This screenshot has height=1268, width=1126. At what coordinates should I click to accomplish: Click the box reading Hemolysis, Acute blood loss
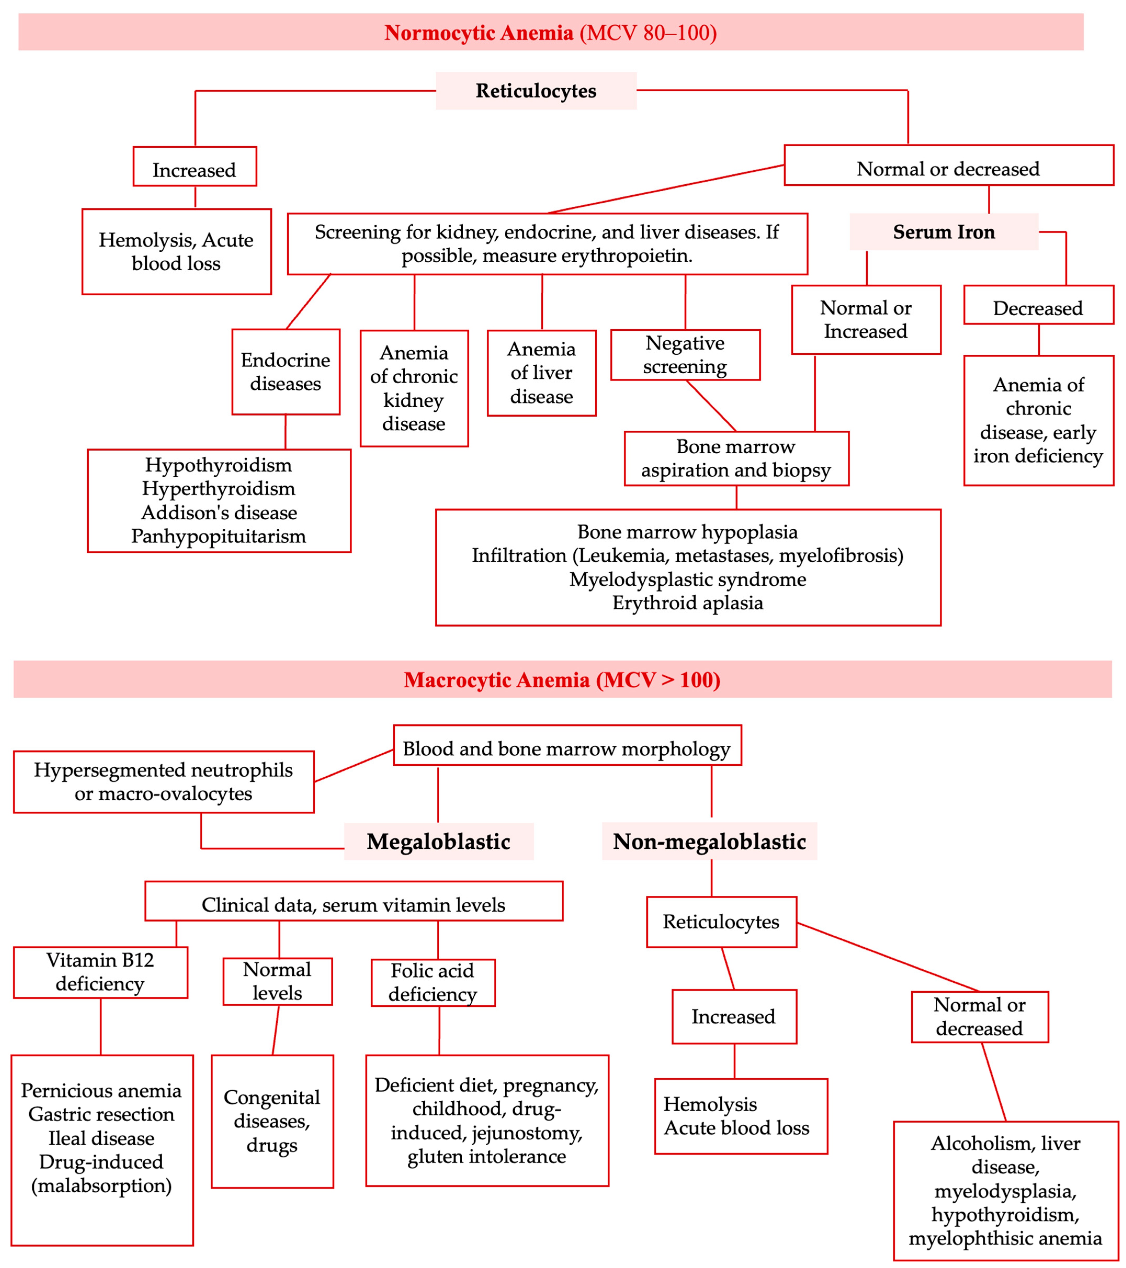point(176,251)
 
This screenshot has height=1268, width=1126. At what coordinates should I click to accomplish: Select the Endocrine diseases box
point(285,372)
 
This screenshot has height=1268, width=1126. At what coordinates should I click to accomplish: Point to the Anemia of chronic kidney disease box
point(414,388)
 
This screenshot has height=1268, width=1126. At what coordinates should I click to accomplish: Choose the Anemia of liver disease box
point(542,373)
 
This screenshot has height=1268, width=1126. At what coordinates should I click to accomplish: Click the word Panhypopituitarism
point(218,536)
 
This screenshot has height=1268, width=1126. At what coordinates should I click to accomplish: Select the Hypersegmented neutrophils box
point(163,782)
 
